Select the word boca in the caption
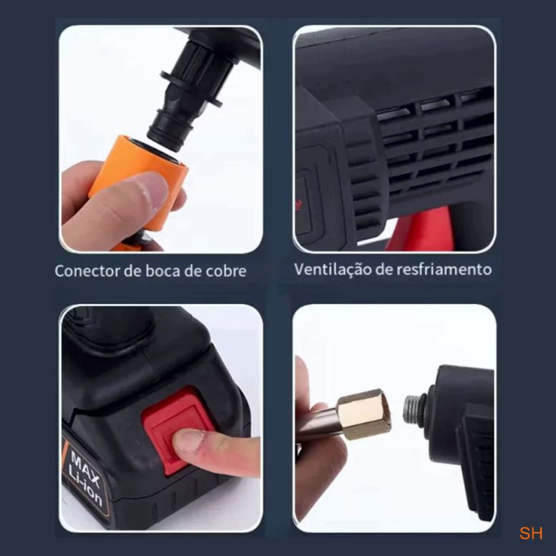162,271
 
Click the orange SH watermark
531,533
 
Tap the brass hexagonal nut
364,414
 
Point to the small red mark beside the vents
298,204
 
